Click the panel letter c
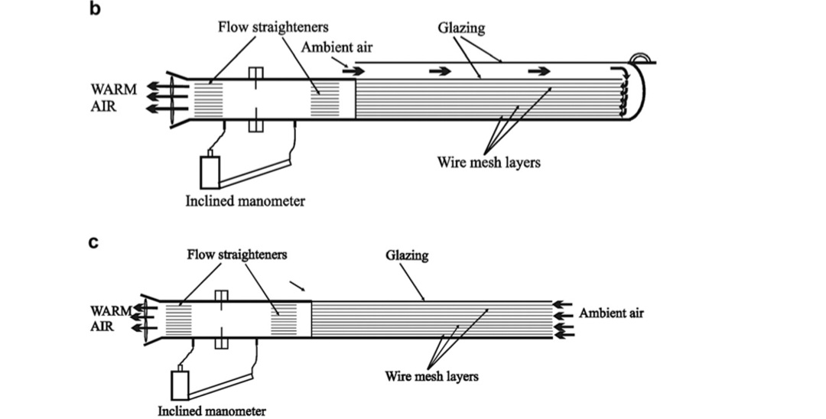94,245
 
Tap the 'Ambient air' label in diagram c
611,313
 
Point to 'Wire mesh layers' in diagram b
489,162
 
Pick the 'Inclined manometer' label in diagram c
212,411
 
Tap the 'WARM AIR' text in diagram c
112,319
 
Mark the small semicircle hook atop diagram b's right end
639,58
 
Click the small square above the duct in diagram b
256,73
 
